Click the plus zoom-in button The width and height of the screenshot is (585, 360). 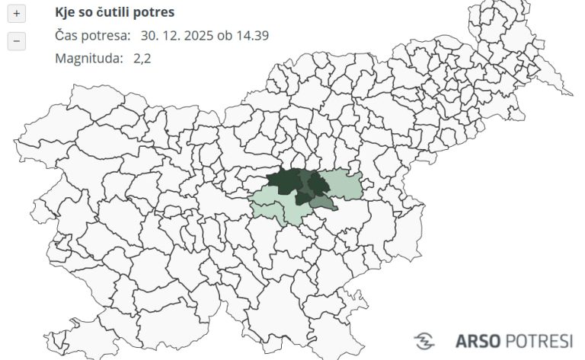tap(17, 14)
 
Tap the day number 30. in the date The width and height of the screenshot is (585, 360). tap(150, 36)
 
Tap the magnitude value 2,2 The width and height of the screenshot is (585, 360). tap(141, 58)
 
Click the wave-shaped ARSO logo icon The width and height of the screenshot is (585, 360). tap(424, 340)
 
